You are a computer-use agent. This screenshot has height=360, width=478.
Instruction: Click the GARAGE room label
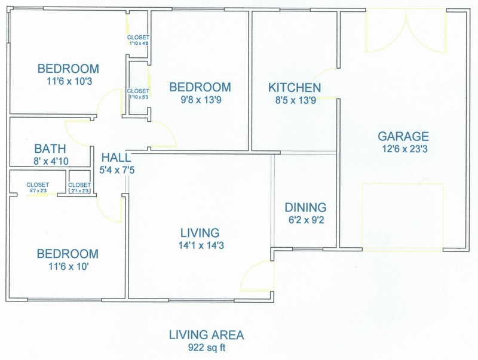(x=403, y=136)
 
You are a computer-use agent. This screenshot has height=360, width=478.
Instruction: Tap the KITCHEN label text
(x=295, y=88)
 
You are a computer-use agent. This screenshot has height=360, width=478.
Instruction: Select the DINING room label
(x=305, y=207)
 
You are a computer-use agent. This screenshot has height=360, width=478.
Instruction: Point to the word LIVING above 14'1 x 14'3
(x=200, y=233)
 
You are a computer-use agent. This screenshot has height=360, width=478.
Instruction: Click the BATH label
(x=50, y=149)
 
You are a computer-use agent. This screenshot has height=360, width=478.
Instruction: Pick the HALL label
(x=116, y=158)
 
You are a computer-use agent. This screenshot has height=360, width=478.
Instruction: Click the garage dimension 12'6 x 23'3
(x=405, y=149)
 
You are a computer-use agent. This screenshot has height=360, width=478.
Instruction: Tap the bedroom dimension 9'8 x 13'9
(x=201, y=100)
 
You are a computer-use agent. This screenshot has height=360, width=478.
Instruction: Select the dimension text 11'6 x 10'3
(x=69, y=81)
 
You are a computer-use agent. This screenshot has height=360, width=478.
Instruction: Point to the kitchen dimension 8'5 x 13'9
(x=296, y=100)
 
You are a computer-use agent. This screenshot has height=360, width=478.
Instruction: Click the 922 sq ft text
(x=207, y=347)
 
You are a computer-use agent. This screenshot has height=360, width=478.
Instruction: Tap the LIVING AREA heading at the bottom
(x=206, y=335)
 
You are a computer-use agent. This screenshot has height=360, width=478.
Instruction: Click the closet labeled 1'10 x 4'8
(x=139, y=40)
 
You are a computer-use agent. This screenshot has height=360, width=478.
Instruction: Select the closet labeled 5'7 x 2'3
(x=38, y=187)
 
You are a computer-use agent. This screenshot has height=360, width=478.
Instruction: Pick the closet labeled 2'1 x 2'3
(x=79, y=187)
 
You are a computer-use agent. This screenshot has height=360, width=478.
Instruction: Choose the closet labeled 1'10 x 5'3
(x=139, y=94)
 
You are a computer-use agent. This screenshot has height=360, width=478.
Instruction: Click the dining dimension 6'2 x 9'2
(x=307, y=220)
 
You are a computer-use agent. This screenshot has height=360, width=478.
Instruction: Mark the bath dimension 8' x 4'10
(x=51, y=161)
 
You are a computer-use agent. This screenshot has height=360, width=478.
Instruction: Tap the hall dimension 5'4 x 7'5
(x=117, y=170)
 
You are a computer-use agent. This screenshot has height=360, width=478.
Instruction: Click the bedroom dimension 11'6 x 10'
(x=69, y=266)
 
